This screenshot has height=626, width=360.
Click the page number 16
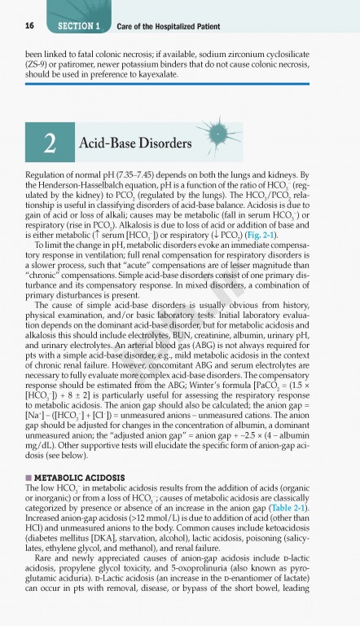[x=18, y=26]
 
